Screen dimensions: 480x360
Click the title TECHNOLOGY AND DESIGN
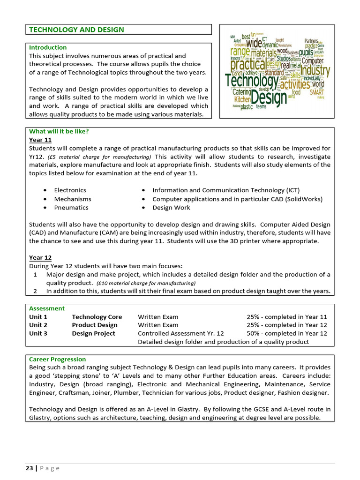pyautogui.click(x=76, y=30)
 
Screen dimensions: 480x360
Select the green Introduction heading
pyautogui.click(x=48, y=47)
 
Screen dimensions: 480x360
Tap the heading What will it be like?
pyautogui.click(x=59, y=131)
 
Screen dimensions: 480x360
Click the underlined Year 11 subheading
pyautogui.click(x=40, y=140)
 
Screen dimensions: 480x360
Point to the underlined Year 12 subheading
pyautogui.click(x=40, y=258)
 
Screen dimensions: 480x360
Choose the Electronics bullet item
pyautogui.click(x=70, y=190)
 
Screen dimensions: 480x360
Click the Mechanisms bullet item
pyautogui.click(x=72, y=199)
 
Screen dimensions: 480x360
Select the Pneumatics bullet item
pyautogui.click(x=71, y=207)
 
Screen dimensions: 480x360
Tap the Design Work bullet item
pyautogui.click(x=171, y=207)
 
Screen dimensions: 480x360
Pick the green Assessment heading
pyautogui.click(x=47, y=308)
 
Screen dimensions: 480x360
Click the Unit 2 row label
pyautogui.click(x=38, y=325)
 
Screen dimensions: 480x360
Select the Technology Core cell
pyautogui.click(x=97, y=317)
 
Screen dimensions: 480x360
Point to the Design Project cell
pyautogui.click(x=93, y=333)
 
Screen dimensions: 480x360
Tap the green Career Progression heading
pyautogui.click(x=57, y=359)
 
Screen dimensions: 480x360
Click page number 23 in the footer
pyautogui.click(x=29, y=468)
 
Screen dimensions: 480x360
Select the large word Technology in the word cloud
pyautogui.click(x=252, y=81)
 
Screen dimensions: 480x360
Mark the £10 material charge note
pyautogui.click(x=146, y=283)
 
